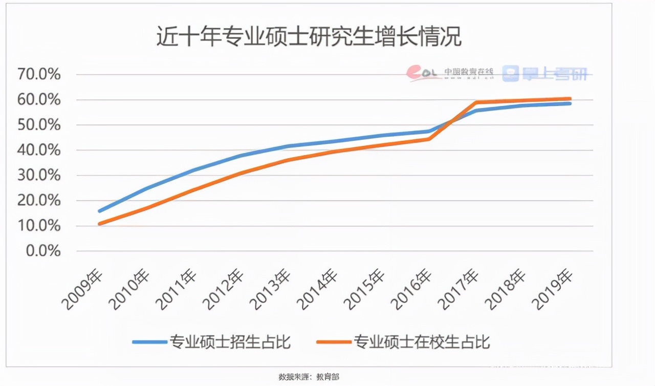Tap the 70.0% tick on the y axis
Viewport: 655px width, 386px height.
point(39,75)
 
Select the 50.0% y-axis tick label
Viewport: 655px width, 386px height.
point(39,125)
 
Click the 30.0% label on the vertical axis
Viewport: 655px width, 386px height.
point(39,176)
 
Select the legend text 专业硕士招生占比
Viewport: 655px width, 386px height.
point(230,341)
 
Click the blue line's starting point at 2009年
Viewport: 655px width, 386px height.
point(99,210)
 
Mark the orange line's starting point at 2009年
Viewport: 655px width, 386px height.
point(99,224)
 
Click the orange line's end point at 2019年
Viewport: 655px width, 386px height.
point(570,99)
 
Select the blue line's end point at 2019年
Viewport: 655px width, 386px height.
point(570,103)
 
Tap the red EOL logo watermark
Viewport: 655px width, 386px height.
point(423,73)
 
